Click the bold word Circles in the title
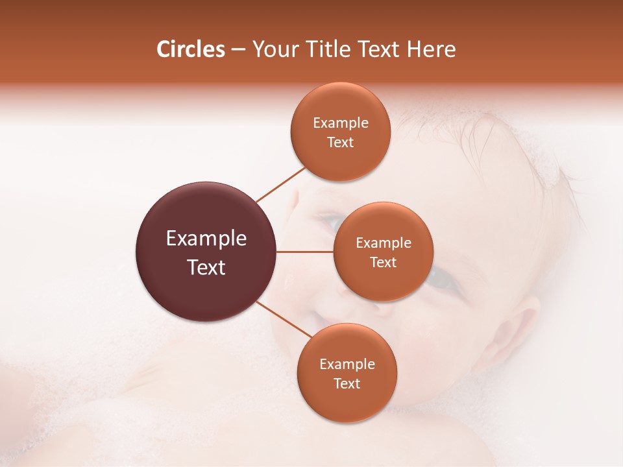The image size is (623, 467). [190, 49]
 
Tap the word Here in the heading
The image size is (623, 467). [432, 49]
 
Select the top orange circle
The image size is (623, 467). [340, 104]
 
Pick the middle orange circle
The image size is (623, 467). [383, 279]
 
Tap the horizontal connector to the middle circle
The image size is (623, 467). [305, 252]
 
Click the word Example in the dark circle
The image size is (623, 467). [206, 239]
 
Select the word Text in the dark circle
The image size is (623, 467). [206, 267]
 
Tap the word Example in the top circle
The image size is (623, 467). [341, 123]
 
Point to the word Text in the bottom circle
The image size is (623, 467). [347, 384]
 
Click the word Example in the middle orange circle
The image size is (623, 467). [384, 243]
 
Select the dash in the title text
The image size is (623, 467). [238, 50]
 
